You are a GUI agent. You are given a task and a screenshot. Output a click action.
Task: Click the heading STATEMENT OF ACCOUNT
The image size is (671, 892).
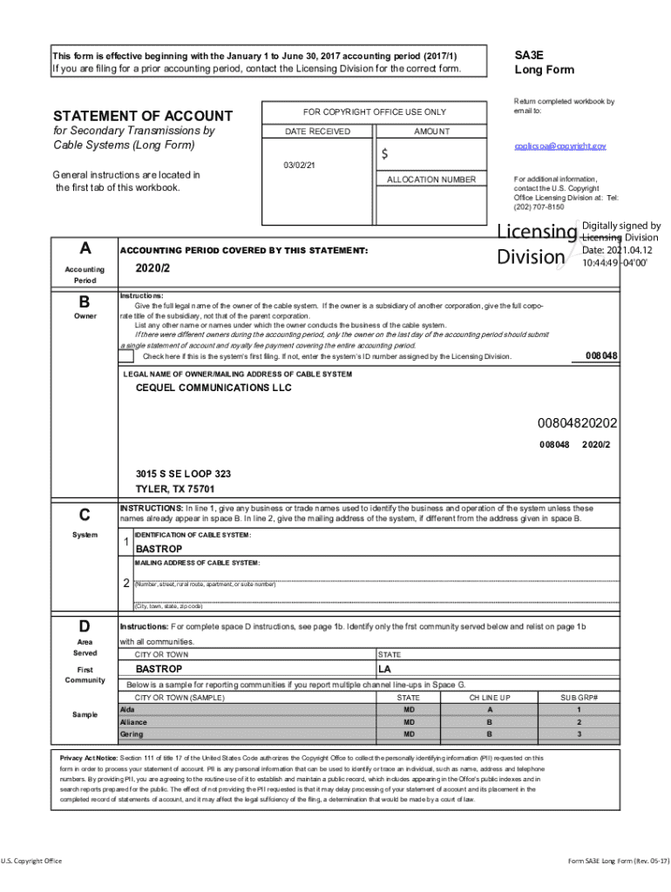(143, 116)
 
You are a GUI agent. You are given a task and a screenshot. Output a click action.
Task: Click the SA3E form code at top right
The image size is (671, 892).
(531, 54)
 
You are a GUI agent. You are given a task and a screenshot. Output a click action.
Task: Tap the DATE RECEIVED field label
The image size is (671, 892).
(317, 132)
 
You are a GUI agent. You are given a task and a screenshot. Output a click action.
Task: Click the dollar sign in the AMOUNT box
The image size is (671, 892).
(384, 154)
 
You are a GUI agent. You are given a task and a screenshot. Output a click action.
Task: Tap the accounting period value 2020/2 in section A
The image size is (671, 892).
(152, 268)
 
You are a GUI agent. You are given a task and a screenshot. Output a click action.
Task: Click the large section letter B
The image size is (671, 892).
(85, 302)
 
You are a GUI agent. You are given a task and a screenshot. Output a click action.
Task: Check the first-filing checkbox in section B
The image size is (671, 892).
(127, 356)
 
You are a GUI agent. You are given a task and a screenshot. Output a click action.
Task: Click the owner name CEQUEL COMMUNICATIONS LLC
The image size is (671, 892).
(213, 389)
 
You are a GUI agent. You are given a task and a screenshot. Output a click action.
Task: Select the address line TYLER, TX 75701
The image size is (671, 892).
(174, 489)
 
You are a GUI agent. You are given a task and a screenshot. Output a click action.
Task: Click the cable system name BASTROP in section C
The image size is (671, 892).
(159, 550)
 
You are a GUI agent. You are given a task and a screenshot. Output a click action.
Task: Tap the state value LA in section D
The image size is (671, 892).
(385, 669)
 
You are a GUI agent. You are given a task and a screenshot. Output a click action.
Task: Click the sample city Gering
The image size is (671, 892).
(132, 734)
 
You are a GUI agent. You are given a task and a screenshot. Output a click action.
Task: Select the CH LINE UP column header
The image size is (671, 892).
(489, 698)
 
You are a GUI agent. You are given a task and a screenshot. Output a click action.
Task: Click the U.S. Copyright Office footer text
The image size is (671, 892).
(31, 862)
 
